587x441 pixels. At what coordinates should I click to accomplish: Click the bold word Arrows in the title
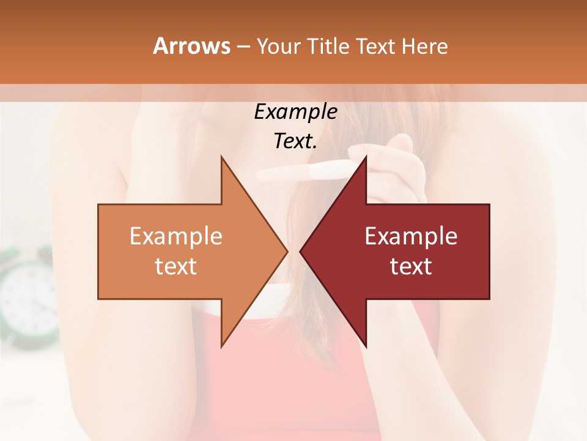pyautogui.click(x=191, y=46)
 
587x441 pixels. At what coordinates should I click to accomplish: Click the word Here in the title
pyautogui.click(x=424, y=46)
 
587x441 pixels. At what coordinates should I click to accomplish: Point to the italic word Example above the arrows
pyautogui.click(x=295, y=111)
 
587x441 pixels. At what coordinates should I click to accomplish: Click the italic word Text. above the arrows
pyautogui.click(x=295, y=141)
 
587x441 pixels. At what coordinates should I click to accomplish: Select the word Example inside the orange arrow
pyautogui.click(x=176, y=236)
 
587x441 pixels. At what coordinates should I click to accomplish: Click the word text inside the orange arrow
pyautogui.click(x=176, y=266)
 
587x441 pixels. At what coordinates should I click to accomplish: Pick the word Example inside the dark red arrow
pyautogui.click(x=411, y=236)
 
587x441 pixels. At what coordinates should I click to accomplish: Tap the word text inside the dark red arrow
pyautogui.click(x=411, y=266)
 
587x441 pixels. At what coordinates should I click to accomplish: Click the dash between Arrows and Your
pyautogui.click(x=243, y=47)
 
